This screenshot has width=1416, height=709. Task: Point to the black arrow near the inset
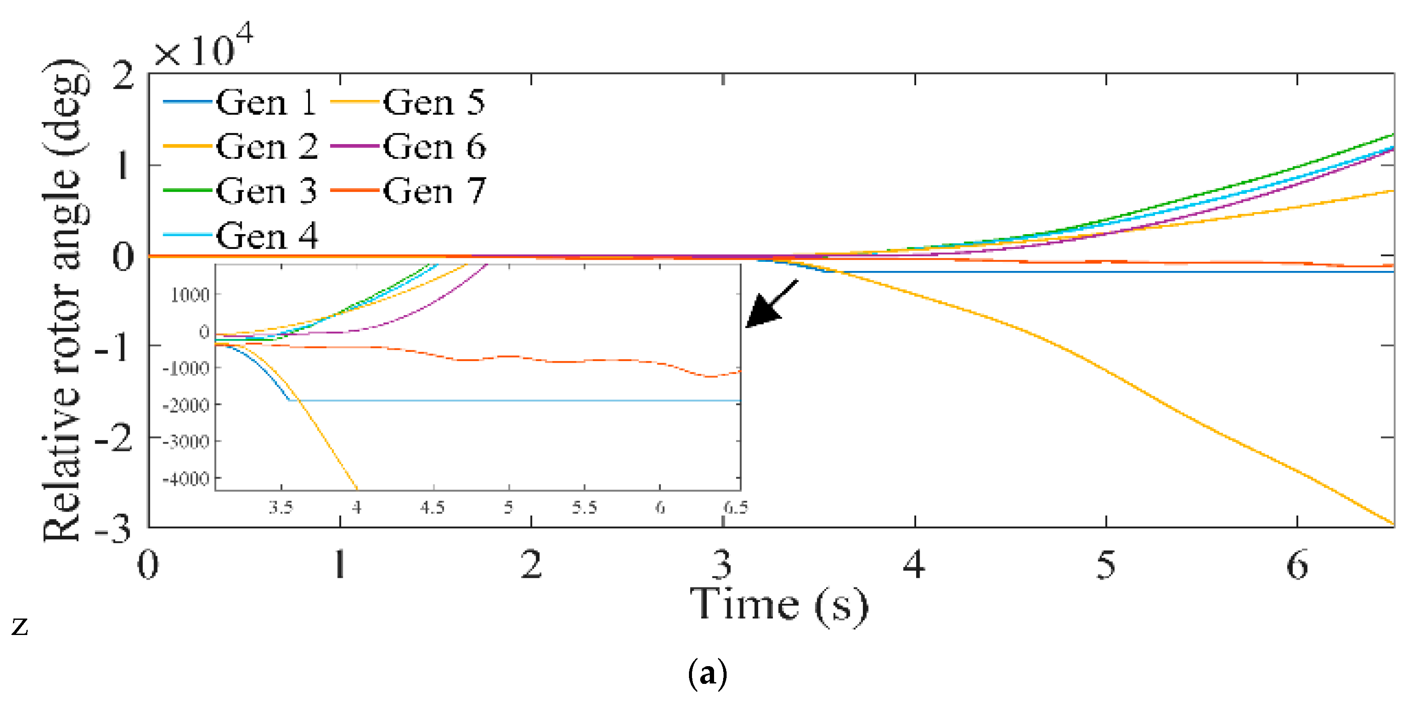pos(771,304)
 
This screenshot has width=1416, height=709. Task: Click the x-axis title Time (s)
pos(779,605)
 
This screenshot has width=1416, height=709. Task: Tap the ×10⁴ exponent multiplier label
pos(203,47)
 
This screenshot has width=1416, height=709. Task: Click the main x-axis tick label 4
pos(914,565)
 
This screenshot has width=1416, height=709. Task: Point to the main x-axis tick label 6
pos(1297,565)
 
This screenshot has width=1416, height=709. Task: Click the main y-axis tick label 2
pos(122,75)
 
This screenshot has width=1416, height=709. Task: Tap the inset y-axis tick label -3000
pos(186,442)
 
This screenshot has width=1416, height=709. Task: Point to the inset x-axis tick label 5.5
pos(584,507)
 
